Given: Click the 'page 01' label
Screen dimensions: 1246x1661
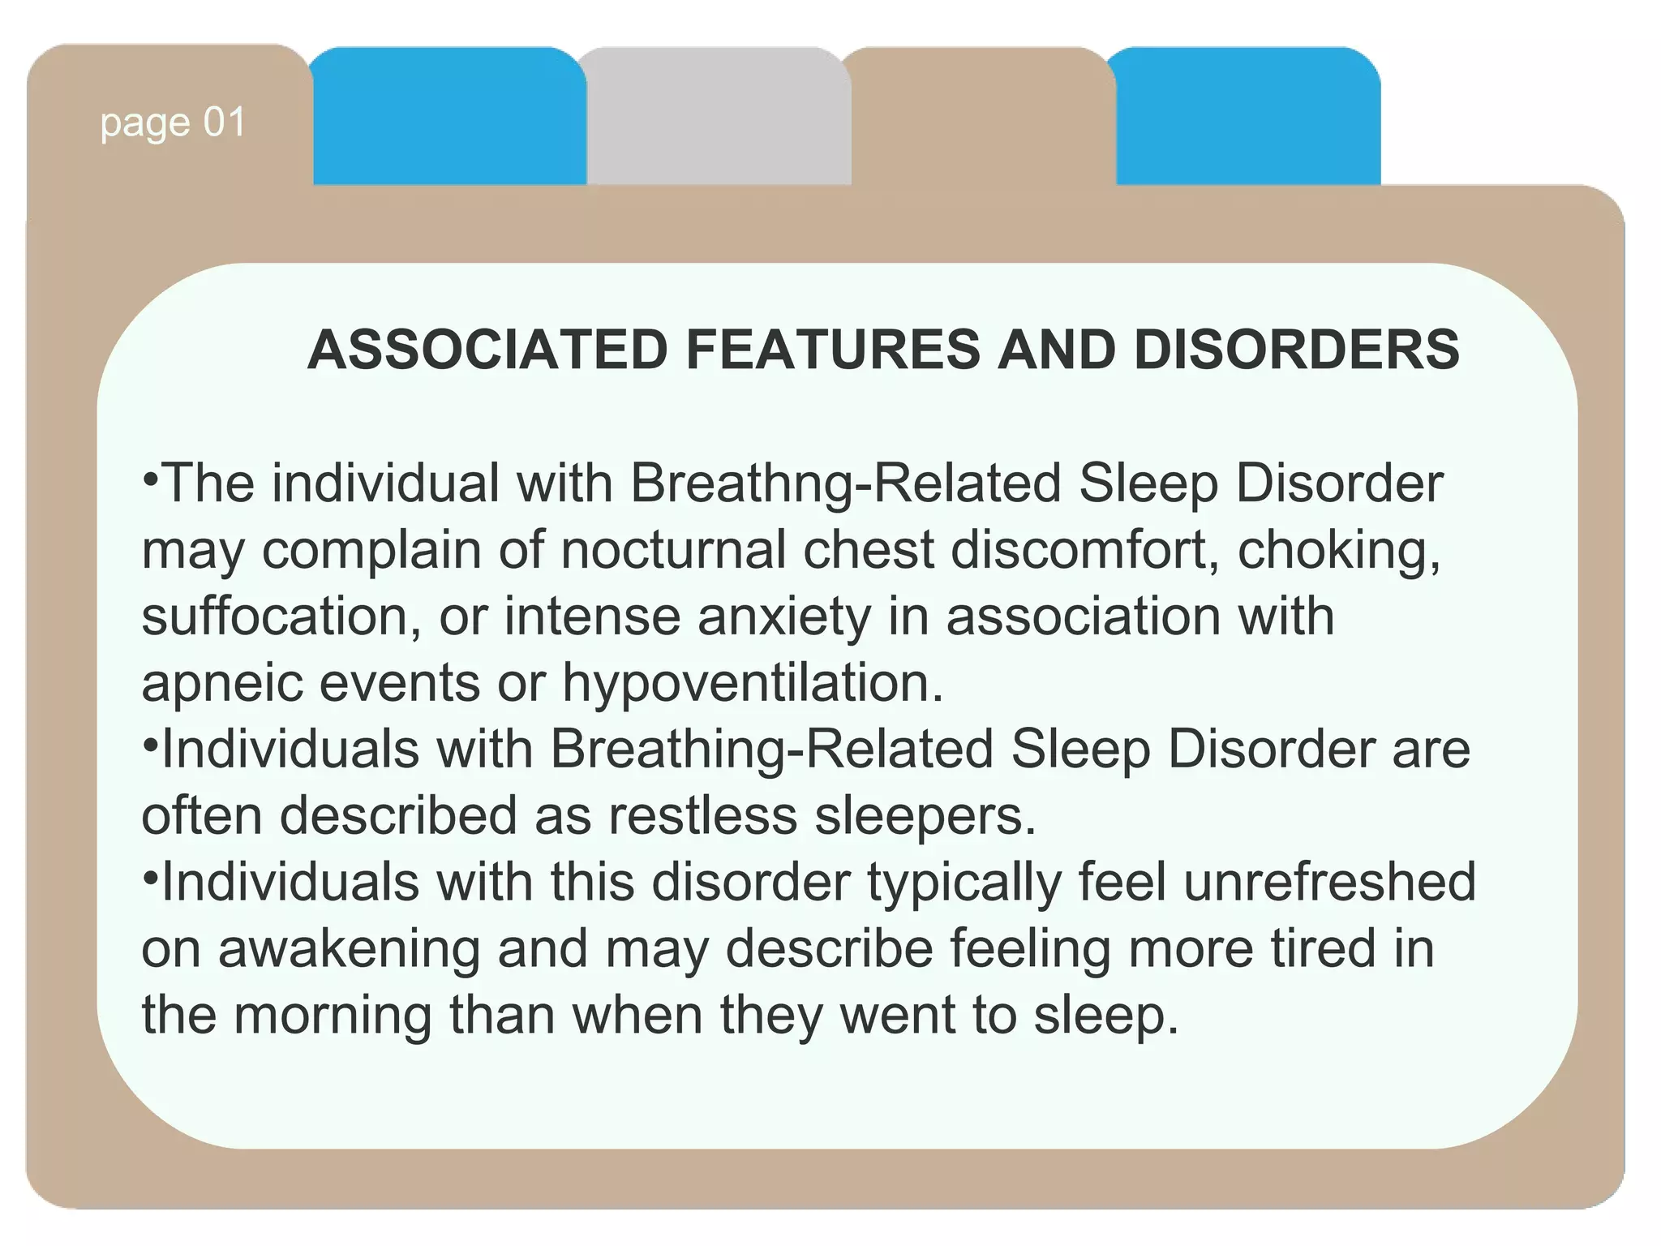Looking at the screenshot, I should [x=173, y=123].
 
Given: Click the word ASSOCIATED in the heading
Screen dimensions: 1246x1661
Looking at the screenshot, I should [x=487, y=350].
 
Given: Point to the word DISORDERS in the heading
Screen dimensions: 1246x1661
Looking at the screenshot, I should [x=1296, y=350].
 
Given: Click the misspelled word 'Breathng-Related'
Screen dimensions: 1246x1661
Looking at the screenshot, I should [x=844, y=484].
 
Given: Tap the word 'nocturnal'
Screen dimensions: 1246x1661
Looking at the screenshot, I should [x=673, y=551].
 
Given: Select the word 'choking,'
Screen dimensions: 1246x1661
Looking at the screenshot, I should [x=1339, y=551].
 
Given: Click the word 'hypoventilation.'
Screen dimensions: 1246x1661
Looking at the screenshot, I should [x=753, y=683].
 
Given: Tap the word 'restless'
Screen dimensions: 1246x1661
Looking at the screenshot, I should [x=702, y=816].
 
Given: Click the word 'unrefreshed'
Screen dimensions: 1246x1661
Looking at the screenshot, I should [x=1329, y=883].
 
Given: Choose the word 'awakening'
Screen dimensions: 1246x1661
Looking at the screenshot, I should [x=349, y=950].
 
